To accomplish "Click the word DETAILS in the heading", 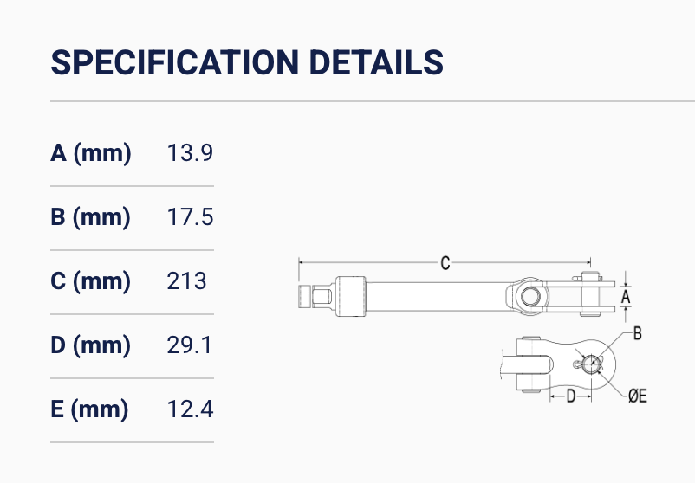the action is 376,62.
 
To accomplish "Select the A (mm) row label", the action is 91,153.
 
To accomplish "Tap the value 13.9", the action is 190,152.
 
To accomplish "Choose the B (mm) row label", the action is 90,217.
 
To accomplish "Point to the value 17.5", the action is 190,217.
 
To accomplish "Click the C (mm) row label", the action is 90,281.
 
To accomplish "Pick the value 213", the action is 186,281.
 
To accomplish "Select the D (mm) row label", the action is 90,345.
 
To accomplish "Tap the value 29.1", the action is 189,345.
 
